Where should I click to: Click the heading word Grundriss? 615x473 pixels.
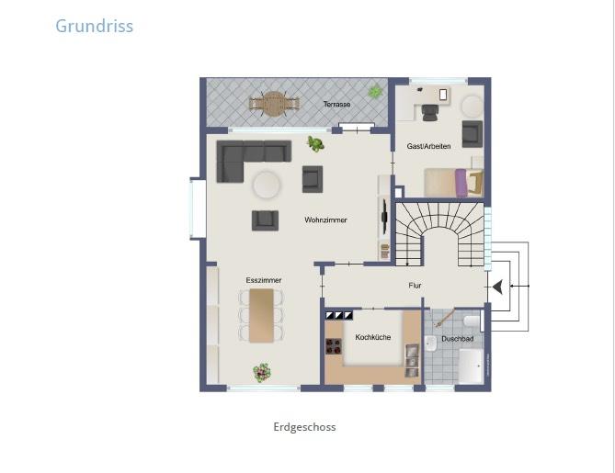coord(94,26)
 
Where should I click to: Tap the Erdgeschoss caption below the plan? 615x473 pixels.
coord(304,427)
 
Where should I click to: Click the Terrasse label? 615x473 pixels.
coord(336,105)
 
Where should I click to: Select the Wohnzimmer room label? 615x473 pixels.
coord(325,220)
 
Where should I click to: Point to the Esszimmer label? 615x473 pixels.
coord(263,279)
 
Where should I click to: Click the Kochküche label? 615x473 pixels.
coord(372,337)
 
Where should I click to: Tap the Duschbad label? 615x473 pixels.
coord(457,339)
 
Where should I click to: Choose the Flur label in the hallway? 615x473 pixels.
coord(415,286)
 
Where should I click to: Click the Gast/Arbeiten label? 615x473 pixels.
coord(428,147)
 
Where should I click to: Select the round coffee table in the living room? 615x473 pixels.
coord(267,185)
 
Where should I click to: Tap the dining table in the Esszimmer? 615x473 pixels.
coord(262,314)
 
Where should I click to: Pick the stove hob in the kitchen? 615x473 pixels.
coord(334,347)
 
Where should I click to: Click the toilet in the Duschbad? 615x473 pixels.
coord(471,321)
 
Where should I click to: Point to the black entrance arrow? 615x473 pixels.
coord(496,287)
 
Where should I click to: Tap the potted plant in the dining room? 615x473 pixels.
coord(263,372)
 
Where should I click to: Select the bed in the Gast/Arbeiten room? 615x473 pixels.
coord(449,181)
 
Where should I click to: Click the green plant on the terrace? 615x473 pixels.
coord(375,91)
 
